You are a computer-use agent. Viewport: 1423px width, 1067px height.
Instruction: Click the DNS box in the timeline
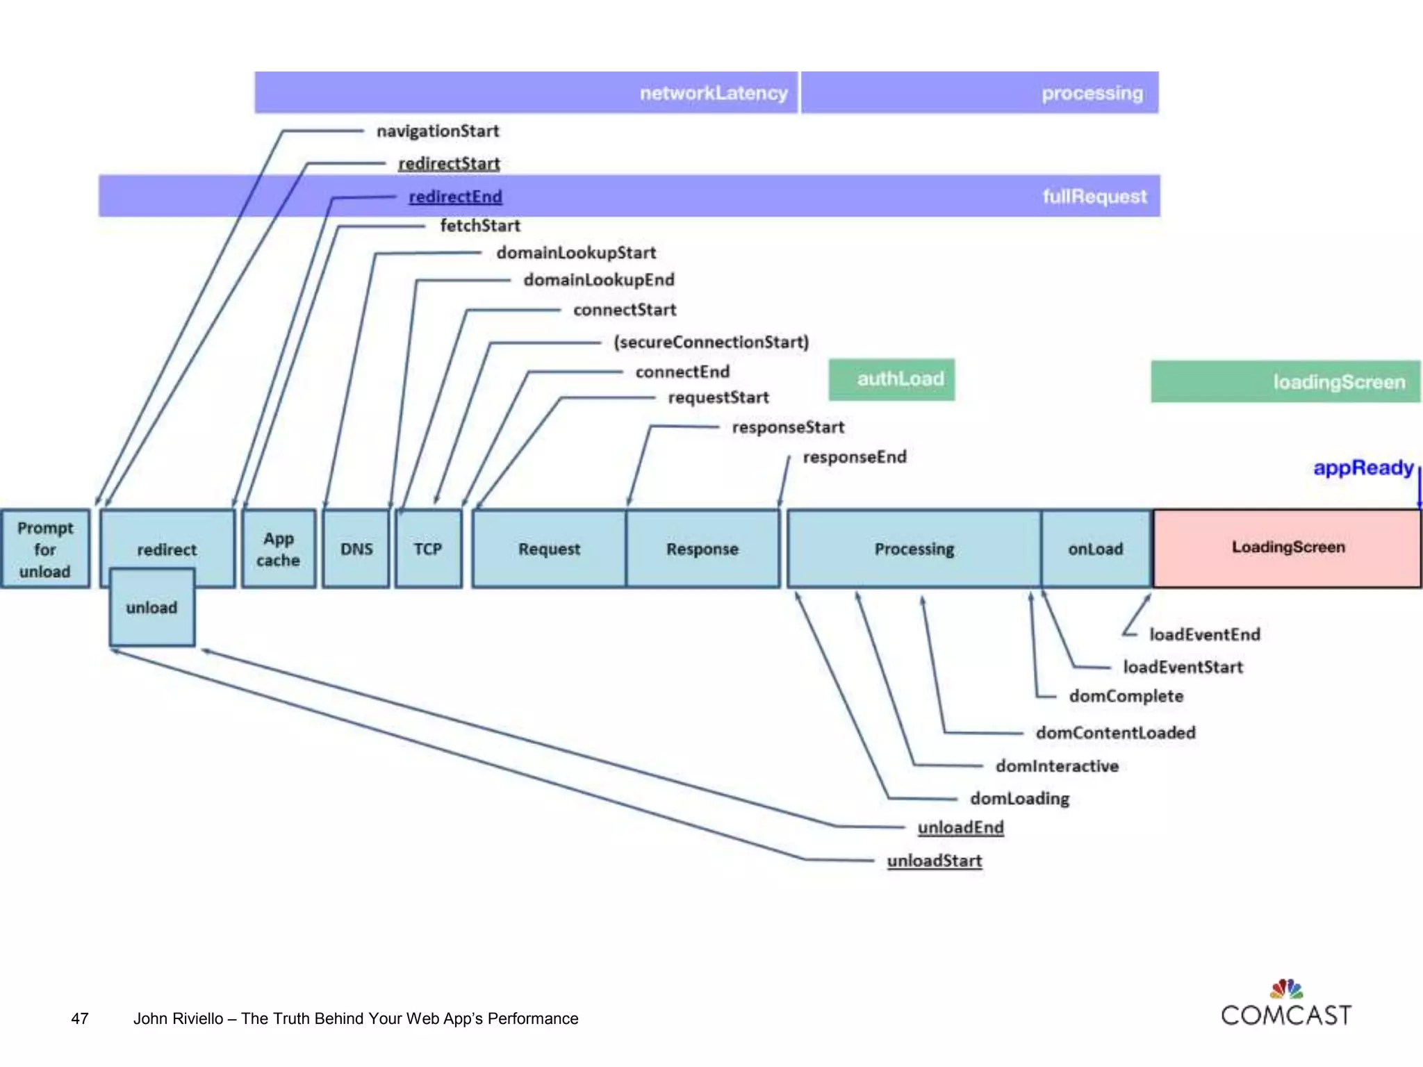[x=356, y=549]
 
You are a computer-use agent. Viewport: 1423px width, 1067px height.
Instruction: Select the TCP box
[x=428, y=549]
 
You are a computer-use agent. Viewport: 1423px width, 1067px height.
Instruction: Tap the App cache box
[x=278, y=549]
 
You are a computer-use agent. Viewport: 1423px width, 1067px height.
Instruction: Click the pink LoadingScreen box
[x=1288, y=547]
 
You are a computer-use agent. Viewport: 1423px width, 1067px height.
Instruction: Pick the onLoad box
[x=1096, y=549]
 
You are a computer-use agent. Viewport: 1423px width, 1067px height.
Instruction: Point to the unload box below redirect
[x=151, y=608]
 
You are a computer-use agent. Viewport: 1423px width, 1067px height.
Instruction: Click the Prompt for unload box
[x=45, y=549]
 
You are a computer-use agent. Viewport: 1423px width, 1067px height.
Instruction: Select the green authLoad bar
[x=891, y=379]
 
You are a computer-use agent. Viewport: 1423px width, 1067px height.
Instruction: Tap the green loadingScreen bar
[x=1285, y=381]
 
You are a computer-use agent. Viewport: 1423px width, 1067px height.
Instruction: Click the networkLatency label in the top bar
[x=714, y=93]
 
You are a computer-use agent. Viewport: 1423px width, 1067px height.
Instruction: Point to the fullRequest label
[x=1094, y=197]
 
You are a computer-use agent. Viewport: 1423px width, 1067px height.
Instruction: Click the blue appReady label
[x=1363, y=468]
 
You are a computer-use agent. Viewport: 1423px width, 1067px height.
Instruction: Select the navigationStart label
[x=438, y=131]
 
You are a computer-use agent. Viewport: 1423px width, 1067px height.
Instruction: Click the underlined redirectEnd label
[x=455, y=197]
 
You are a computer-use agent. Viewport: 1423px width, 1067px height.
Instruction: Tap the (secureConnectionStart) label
[x=711, y=342]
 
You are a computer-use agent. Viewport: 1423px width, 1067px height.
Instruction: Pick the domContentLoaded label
[x=1115, y=732]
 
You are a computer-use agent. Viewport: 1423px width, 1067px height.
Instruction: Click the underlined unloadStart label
[x=935, y=861]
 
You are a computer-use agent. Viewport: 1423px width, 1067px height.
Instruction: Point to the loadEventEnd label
[x=1204, y=634]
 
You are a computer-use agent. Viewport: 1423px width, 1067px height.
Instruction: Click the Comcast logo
[x=1286, y=1004]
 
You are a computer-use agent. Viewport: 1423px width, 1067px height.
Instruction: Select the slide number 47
[x=80, y=1018]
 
